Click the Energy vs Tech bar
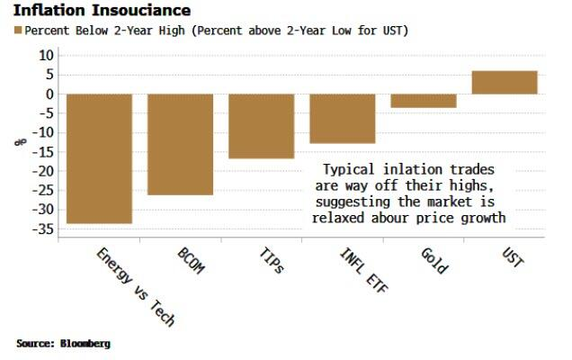point(99,158)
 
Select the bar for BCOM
point(180,144)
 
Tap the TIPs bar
point(261,126)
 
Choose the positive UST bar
point(505,82)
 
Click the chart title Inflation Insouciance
point(103,11)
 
